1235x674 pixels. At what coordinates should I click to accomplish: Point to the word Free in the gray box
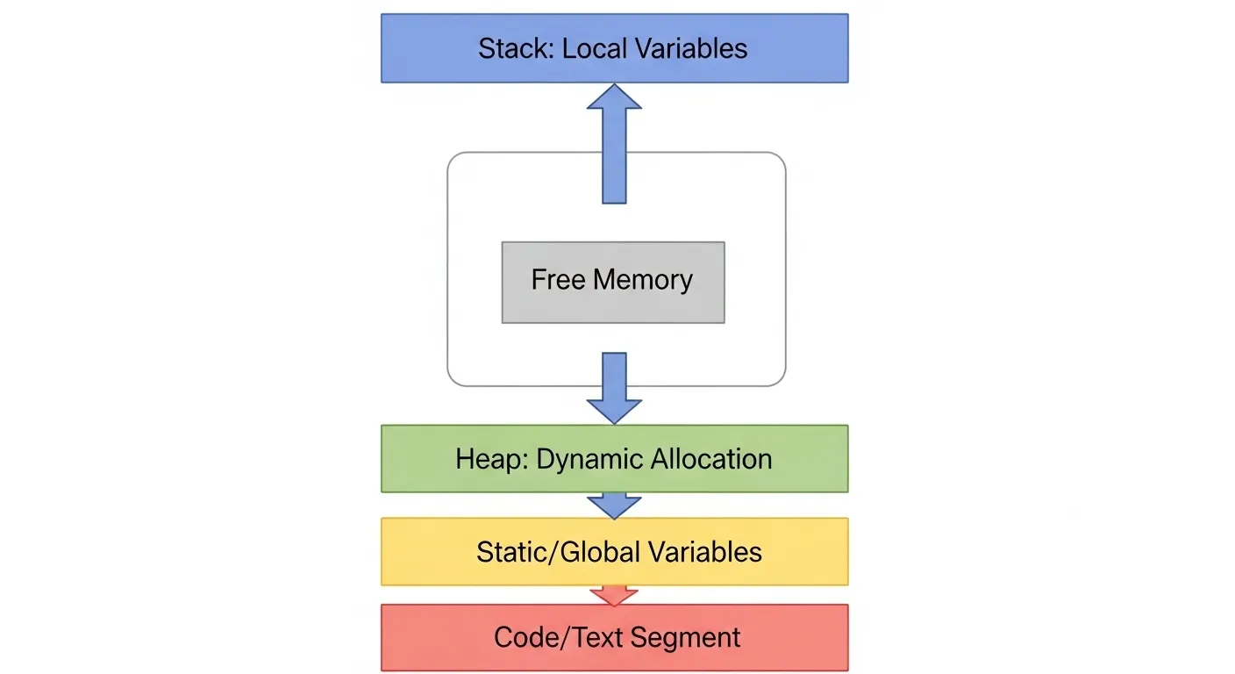(x=558, y=281)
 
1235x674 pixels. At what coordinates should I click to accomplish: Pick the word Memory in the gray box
(x=643, y=281)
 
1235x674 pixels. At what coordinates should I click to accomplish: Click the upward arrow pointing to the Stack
(x=614, y=145)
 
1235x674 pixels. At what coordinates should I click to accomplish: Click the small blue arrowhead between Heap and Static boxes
(x=614, y=505)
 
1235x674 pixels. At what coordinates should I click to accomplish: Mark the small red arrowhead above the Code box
(x=614, y=596)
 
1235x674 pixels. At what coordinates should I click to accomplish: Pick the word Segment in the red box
(x=692, y=638)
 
